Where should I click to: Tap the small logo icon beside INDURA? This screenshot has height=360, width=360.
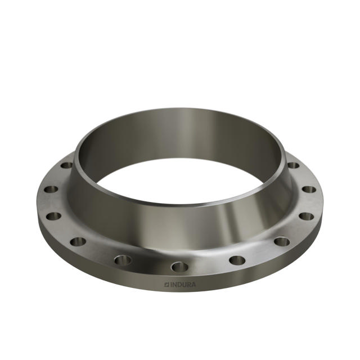click(x=166, y=285)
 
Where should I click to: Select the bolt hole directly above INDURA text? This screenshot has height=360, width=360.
click(x=179, y=266)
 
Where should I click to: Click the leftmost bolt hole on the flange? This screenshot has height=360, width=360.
click(x=51, y=190)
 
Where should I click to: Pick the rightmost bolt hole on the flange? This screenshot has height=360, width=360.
click(x=309, y=190)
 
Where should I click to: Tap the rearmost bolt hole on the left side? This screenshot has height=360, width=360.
click(x=66, y=165)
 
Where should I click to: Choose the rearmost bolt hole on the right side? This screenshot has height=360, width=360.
click(x=294, y=165)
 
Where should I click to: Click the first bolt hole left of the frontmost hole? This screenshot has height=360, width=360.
click(x=123, y=259)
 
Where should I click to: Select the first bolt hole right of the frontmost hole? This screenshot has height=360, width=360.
click(x=237, y=260)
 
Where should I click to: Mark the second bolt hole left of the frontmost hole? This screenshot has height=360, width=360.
click(x=78, y=241)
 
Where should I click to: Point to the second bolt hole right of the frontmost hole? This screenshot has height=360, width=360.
click(x=281, y=242)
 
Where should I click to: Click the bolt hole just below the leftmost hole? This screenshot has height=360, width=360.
click(x=53, y=215)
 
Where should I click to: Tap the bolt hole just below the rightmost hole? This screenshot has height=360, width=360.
click(x=306, y=215)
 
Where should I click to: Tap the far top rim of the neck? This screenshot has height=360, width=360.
click(x=180, y=111)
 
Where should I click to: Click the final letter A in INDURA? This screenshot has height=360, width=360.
click(x=194, y=285)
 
